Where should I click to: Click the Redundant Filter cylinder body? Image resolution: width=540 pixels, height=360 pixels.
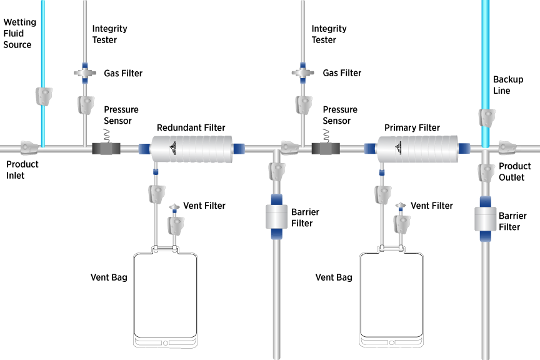191,149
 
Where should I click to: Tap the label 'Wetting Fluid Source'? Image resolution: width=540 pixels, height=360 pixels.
20,34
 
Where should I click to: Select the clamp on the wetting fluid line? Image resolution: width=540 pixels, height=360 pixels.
43,96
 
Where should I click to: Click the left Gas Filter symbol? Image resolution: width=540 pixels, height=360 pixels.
83,73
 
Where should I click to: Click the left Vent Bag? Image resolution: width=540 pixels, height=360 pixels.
166,294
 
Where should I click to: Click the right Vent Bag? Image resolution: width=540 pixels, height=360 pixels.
391,294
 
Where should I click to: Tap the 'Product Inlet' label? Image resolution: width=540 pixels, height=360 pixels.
22,170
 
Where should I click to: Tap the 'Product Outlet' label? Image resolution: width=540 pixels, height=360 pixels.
514,172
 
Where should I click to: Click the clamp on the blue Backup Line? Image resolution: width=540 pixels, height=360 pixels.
486,117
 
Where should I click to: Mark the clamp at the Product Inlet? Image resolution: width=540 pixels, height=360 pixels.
29,147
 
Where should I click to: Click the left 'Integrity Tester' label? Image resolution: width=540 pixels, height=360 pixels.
109,34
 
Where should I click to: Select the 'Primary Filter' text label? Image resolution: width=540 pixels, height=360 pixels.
412,127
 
